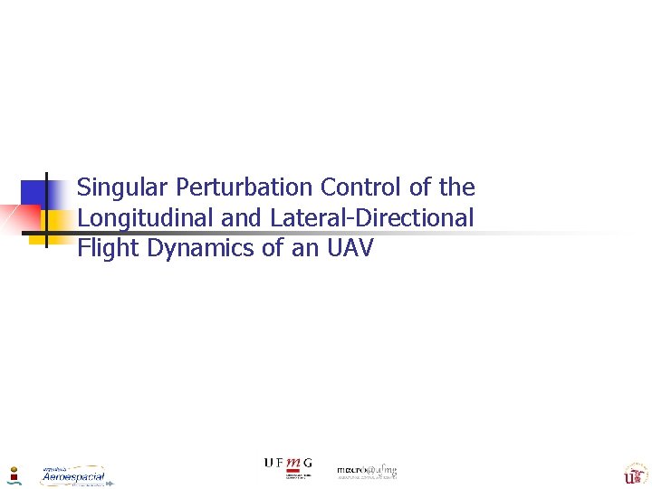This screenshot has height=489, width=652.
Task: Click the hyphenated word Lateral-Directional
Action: [371, 218]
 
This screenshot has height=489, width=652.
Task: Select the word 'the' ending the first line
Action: [455, 187]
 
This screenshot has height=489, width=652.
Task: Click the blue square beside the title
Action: [34, 194]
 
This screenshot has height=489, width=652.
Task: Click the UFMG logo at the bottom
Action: [288, 467]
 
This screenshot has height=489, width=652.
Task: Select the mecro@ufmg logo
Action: [367, 472]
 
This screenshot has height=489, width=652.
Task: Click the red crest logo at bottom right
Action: [633, 474]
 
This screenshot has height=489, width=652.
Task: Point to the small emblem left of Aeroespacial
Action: [14, 475]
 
